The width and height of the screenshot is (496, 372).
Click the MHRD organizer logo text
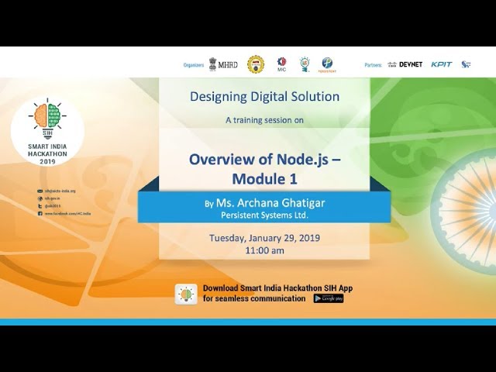point(228,64)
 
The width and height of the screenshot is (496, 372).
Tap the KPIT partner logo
point(442,64)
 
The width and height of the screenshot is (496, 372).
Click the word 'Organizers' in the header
point(194,65)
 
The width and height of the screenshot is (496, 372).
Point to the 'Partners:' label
point(374,65)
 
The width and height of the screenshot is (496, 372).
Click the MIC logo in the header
point(281,64)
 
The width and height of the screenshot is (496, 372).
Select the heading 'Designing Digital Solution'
point(264,97)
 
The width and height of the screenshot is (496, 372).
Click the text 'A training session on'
point(264,120)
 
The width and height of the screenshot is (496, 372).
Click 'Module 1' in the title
point(264,179)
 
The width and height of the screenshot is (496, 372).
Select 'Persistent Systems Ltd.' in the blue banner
point(264,214)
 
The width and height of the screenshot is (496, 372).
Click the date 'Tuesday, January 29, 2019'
point(264,238)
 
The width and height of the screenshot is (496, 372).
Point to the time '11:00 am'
point(264,250)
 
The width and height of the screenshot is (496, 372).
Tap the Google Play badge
point(328,298)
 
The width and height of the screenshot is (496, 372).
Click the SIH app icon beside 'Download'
point(186,294)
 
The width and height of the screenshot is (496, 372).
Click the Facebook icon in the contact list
point(40,213)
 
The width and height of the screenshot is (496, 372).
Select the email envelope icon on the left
point(40,191)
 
